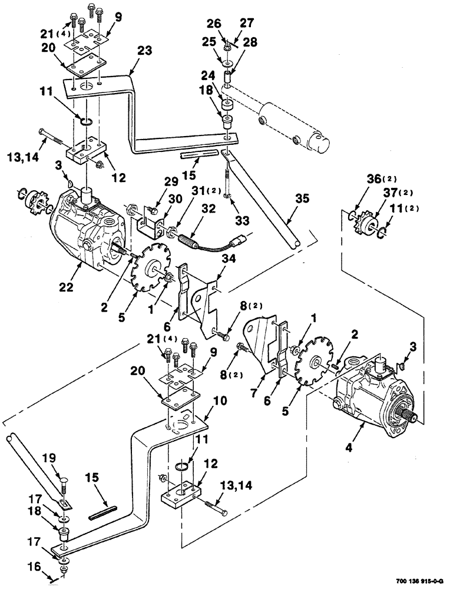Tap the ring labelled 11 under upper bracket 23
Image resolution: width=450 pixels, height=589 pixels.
[x=85, y=121]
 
